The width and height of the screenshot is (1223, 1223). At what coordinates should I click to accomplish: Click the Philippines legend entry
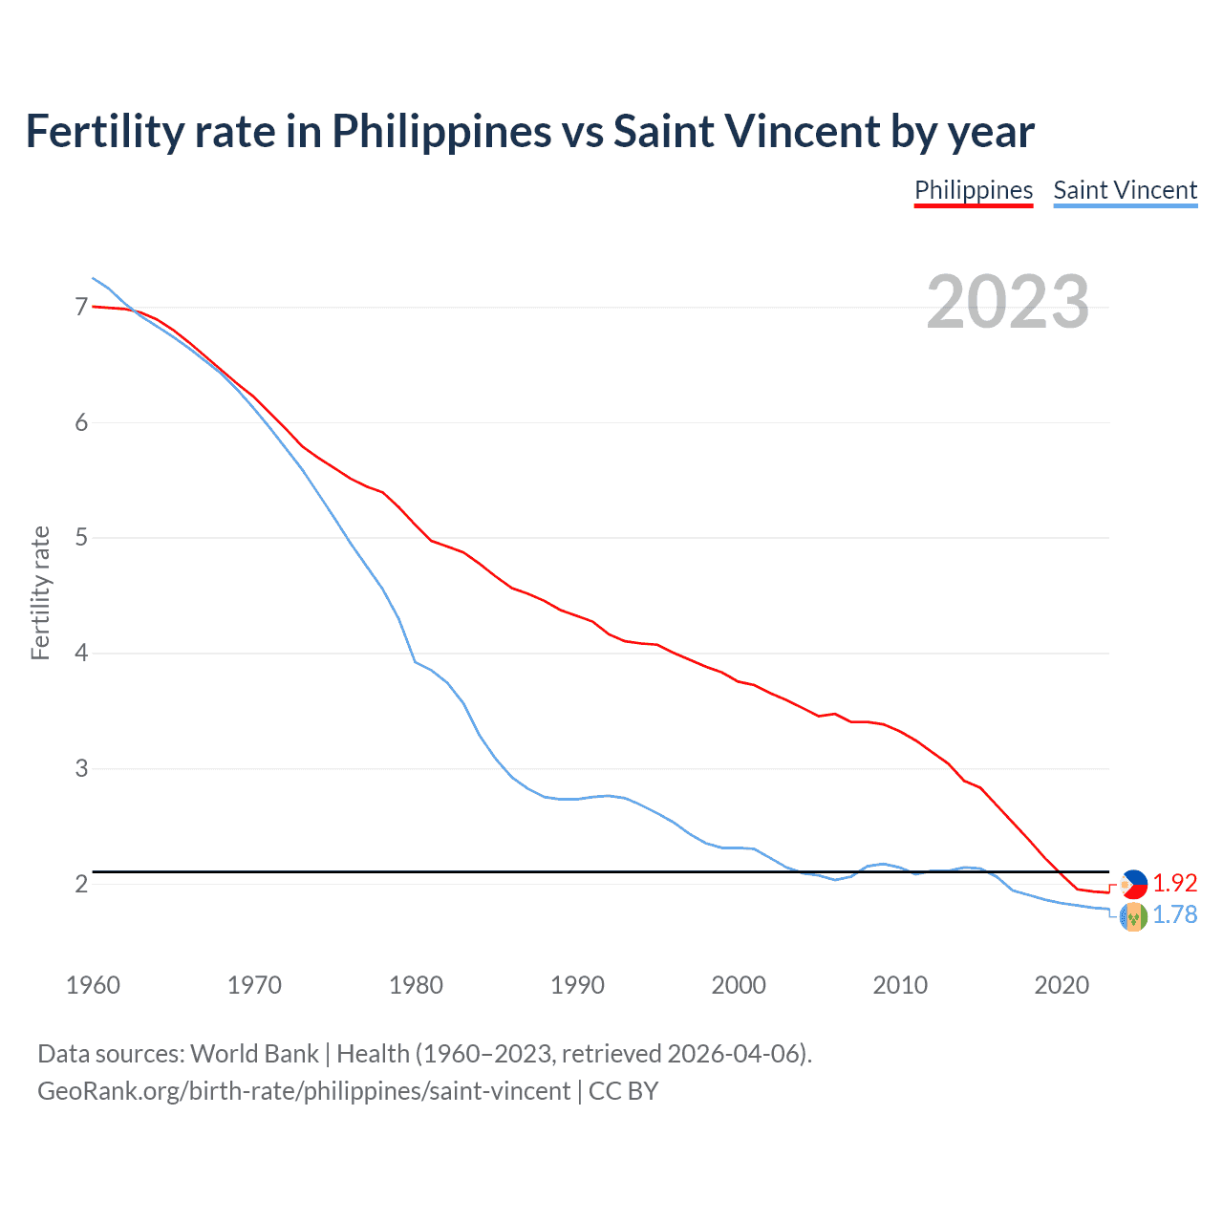coord(973,190)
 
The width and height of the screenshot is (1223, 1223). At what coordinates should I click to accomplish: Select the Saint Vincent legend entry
coord(1125,190)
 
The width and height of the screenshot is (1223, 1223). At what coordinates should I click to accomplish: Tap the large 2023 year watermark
coord(1007,302)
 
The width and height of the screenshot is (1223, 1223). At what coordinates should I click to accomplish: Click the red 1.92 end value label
coord(1174,883)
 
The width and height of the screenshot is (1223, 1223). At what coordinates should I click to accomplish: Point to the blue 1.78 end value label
coord(1174,914)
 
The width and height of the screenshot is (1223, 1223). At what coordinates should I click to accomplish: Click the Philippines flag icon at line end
coord(1133,884)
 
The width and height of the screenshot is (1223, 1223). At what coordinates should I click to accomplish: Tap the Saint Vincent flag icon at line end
coord(1133,917)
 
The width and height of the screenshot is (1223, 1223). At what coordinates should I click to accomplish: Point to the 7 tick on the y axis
coord(81,307)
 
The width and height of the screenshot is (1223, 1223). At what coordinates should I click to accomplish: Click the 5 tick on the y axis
coord(81,538)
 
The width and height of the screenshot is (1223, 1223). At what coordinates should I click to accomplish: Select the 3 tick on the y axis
coord(81,768)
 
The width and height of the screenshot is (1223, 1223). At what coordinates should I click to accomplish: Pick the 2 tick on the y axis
coord(81,884)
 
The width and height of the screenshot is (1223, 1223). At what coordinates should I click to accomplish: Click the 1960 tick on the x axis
coord(93,985)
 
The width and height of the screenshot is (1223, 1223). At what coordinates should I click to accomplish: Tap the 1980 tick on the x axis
coord(416,985)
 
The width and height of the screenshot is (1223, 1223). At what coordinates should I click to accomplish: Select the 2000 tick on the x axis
coord(739,985)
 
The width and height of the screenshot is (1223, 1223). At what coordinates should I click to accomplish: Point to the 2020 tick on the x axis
coord(1062,985)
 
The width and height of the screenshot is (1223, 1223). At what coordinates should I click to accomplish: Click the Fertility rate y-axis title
coord(40,592)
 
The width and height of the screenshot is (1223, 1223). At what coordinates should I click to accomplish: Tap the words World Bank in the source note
coord(254,1054)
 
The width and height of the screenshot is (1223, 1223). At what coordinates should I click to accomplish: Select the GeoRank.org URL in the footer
coord(304,1091)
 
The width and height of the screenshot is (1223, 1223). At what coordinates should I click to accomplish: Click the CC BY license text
coord(623,1091)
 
